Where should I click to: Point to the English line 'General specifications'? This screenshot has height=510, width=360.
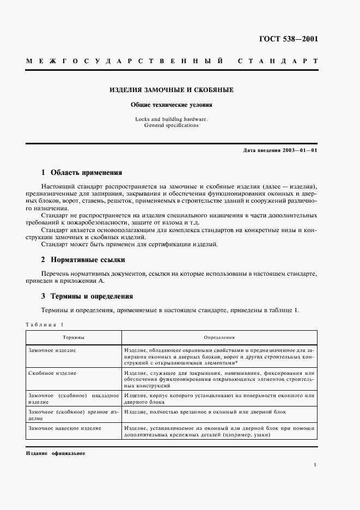[x=172, y=125]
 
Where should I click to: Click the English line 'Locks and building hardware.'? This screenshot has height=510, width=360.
[x=172, y=119]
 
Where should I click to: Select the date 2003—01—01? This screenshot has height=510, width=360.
[x=297, y=150]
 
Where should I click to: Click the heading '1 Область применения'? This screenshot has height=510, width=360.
[x=82, y=173]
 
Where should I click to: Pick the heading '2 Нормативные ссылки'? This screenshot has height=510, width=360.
[x=83, y=260]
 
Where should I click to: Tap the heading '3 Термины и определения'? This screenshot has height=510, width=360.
[x=87, y=296]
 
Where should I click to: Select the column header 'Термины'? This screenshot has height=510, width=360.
[x=73, y=338]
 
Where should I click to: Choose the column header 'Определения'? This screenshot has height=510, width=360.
[x=219, y=338]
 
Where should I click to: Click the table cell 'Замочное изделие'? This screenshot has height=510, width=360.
[x=52, y=350]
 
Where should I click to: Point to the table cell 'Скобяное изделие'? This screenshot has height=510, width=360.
[x=52, y=373]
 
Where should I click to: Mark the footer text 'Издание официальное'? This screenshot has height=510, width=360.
[x=56, y=453]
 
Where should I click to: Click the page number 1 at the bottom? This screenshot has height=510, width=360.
[x=315, y=464]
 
